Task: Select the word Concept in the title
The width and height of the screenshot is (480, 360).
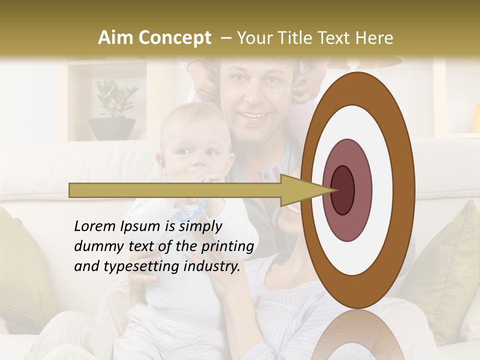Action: click(175, 38)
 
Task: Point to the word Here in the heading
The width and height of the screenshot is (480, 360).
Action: click(375, 38)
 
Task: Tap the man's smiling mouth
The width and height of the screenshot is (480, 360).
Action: click(254, 116)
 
